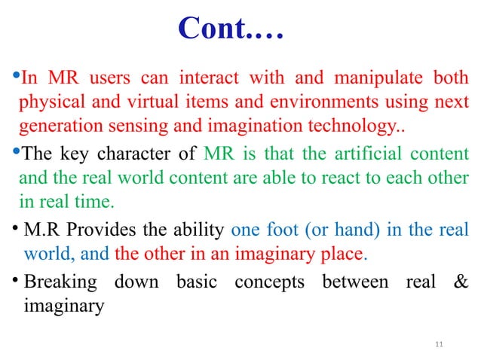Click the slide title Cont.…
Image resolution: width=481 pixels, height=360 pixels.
click(231, 29)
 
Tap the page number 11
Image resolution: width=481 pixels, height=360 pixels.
click(441, 346)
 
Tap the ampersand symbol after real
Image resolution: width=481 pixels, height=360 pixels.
click(459, 283)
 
